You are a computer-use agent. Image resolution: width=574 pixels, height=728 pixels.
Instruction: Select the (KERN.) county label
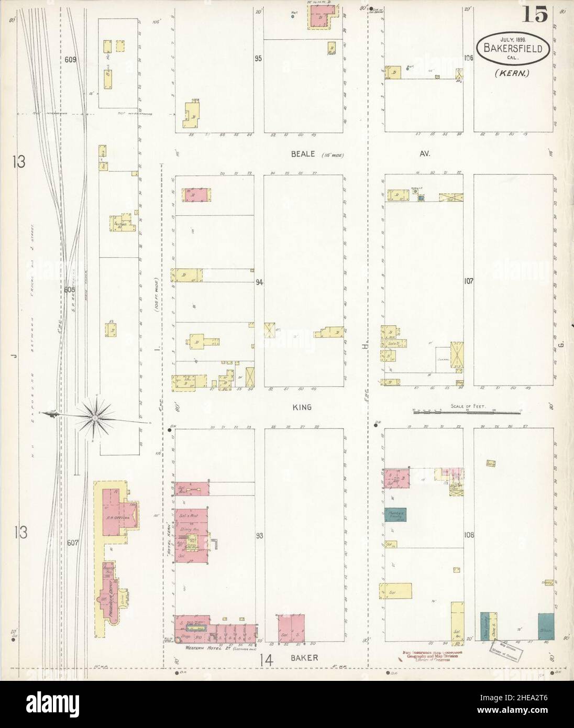tap(512, 73)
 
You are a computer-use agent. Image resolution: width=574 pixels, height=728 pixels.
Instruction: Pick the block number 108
tap(469, 535)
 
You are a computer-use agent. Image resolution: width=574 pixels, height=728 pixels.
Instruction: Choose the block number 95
tap(258, 59)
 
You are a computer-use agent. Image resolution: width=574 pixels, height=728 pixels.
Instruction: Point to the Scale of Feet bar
tap(468, 413)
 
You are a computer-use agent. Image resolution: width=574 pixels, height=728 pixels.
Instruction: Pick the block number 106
tap(468, 58)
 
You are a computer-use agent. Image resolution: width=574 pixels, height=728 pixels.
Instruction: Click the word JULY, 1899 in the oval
tap(513, 39)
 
